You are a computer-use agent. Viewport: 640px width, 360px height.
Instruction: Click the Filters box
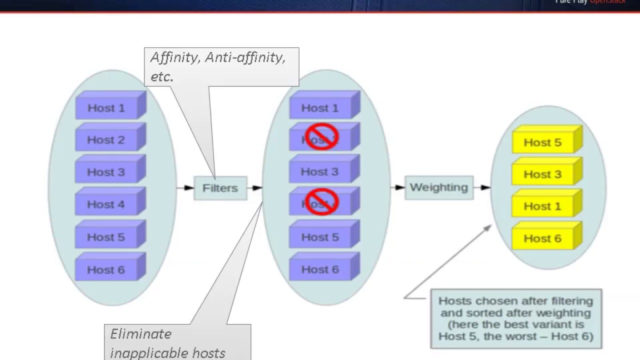220,188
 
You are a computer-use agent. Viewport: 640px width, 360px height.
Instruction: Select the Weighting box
438,187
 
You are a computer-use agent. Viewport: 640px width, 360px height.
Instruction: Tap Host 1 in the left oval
106,107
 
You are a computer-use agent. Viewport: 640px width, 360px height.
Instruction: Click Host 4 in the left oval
106,204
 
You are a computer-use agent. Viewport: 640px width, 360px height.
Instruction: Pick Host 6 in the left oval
106,269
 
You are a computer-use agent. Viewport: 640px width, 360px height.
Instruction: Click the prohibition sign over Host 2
321,137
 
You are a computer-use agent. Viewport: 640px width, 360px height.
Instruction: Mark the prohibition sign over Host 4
321,202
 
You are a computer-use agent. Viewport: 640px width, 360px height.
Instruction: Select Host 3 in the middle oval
320,171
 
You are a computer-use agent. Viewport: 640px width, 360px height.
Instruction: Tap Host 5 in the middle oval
320,237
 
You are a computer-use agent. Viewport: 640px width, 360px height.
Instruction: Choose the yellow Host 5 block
542,142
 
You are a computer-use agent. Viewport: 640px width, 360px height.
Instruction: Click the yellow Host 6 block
542,238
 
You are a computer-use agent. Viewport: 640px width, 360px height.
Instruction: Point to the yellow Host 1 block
542,206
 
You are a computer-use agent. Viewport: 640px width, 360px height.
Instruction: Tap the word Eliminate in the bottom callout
141,334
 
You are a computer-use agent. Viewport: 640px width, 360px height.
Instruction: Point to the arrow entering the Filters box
185,188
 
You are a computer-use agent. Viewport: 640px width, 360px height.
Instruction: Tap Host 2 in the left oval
106,140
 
